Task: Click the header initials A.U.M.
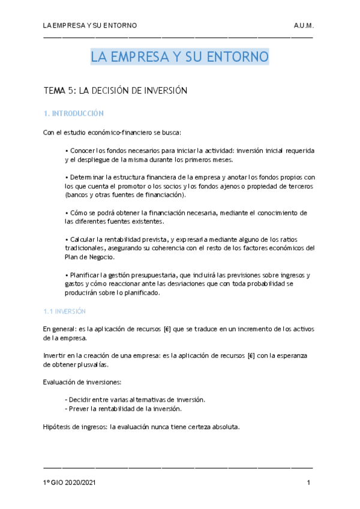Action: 304,26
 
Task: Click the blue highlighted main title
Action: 179,58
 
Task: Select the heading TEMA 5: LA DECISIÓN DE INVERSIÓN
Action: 116,91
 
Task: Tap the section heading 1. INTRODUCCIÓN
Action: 74,113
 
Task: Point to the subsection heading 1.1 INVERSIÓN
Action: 65,312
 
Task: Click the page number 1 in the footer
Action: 308,483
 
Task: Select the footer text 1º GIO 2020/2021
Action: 71,483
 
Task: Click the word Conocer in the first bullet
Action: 83,150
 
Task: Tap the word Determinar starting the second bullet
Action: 86,178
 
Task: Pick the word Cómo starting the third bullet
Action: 79,212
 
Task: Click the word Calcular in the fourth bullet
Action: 83,239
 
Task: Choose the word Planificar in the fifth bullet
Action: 85,275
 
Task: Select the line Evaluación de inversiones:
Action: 82,382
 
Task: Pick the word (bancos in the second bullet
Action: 77,195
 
